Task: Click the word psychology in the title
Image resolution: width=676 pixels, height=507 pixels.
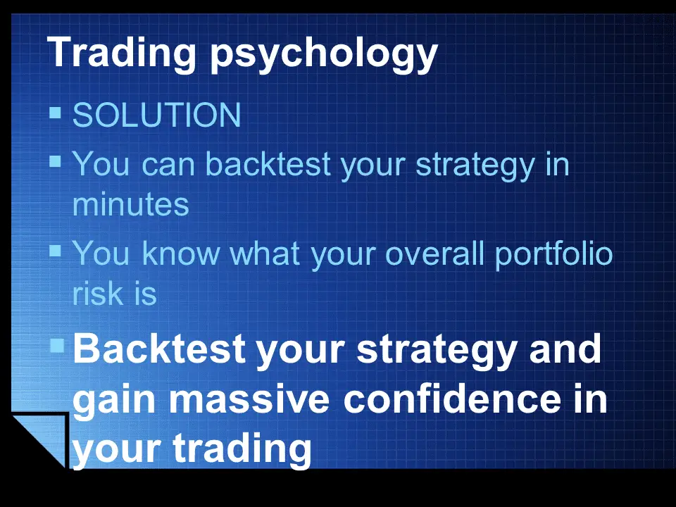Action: [x=324, y=54]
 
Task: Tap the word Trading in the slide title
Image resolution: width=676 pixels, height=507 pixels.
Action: [x=122, y=51]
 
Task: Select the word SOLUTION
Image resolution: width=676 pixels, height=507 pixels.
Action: [x=156, y=115]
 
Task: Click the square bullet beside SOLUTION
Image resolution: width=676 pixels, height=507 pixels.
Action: [x=55, y=113]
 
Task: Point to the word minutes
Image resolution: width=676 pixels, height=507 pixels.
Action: [x=131, y=204]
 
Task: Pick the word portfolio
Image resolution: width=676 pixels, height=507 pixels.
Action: [x=553, y=255]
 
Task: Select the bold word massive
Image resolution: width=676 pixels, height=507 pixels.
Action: [x=249, y=400]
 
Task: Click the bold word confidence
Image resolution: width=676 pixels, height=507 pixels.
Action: [x=453, y=399]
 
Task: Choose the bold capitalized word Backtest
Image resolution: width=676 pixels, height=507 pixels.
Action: [x=159, y=349]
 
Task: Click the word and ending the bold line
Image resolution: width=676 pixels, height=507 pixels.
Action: [x=565, y=349]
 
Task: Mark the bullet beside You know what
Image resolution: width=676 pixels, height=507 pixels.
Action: [x=55, y=251]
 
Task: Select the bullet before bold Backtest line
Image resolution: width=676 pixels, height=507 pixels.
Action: [x=57, y=345]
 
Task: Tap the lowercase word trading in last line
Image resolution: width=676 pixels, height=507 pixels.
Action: [x=242, y=449]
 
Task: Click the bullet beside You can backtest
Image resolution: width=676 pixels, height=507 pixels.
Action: [x=55, y=161]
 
